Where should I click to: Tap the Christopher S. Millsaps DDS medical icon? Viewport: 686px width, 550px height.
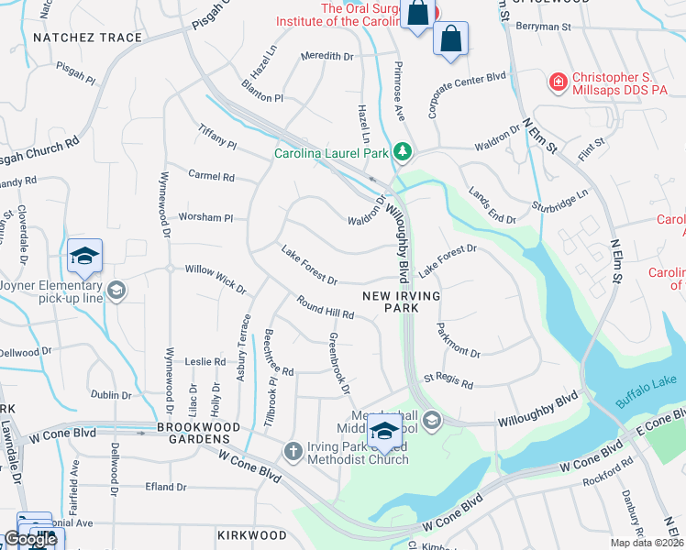pos(557,83)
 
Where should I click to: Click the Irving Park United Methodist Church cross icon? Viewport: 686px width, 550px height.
pos(293,450)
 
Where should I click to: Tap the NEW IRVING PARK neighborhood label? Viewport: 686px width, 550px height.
pos(402,302)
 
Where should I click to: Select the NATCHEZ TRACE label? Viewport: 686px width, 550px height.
pos(88,38)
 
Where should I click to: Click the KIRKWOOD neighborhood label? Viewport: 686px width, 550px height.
pos(252,534)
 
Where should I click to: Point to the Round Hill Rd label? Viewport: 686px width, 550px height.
pos(326,307)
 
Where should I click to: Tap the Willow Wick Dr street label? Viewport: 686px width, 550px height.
pos(216,280)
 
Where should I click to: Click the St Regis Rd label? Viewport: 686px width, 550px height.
pos(448,380)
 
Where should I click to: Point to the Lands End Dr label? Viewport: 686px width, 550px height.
pos(492,205)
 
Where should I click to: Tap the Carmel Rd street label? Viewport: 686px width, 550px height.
pos(211,176)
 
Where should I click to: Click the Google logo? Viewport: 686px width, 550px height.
pos(30,539)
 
